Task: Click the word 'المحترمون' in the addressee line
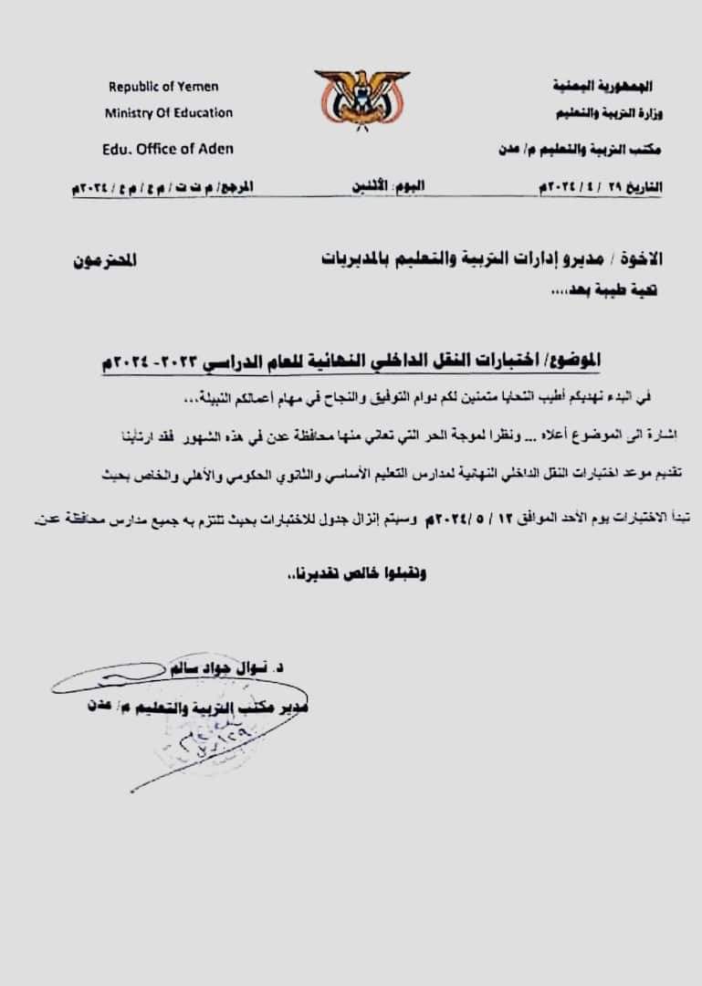104,259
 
